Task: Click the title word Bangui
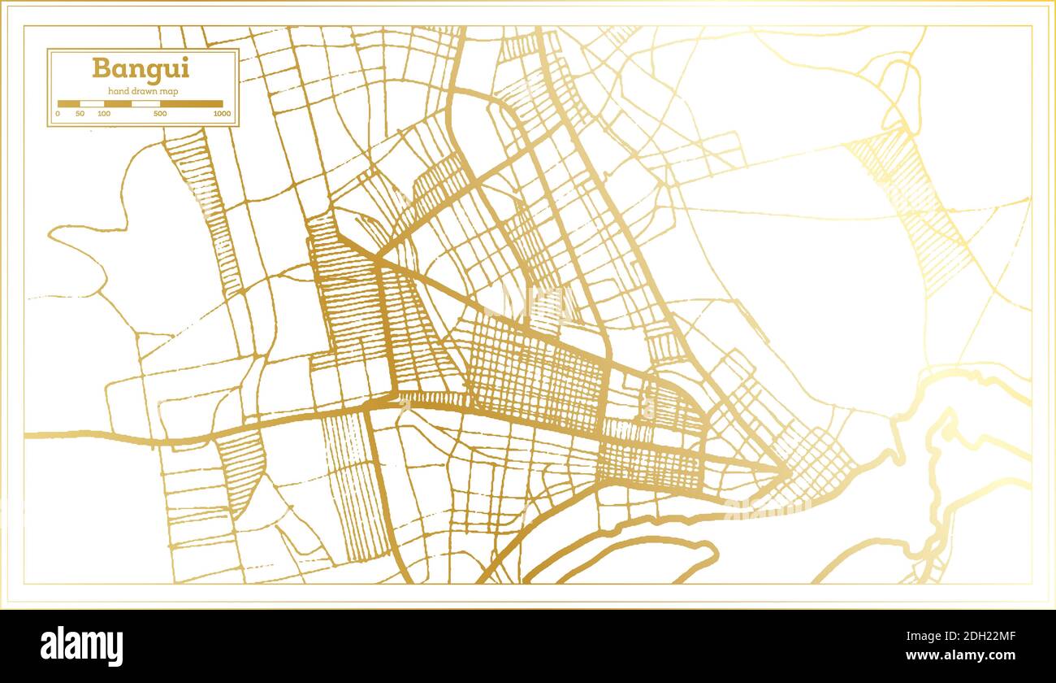point(140,68)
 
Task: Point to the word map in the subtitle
point(169,90)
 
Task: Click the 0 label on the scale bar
point(58,114)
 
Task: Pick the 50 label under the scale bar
point(80,114)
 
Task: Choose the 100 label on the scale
point(104,114)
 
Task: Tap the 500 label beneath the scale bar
point(160,114)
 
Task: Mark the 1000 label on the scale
point(222,114)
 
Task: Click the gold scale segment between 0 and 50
point(68,104)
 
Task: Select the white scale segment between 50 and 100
point(92,104)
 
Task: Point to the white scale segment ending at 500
point(145,104)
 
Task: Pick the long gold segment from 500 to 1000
point(191,104)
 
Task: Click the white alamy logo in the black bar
point(81,646)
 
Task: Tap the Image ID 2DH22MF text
point(966,637)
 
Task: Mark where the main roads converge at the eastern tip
point(786,470)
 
